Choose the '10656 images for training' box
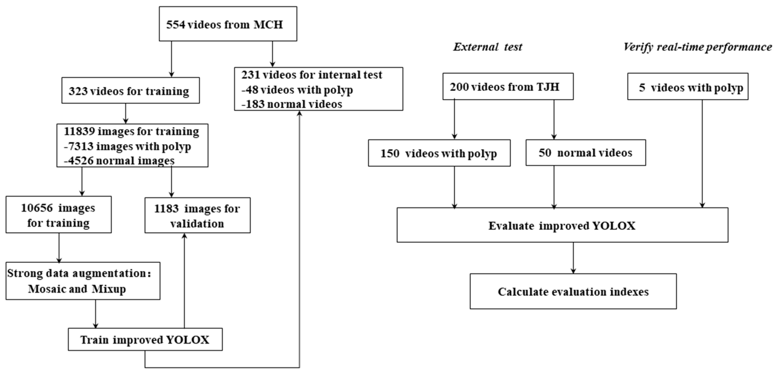(58, 215)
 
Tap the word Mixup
(109, 289)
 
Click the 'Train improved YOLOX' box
(145, 340)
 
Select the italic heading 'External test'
(488, 47)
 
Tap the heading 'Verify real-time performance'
(697, 47)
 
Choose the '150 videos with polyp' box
(439, 153)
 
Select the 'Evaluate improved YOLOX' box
(562, 225)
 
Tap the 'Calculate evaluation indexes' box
(573, 292)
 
